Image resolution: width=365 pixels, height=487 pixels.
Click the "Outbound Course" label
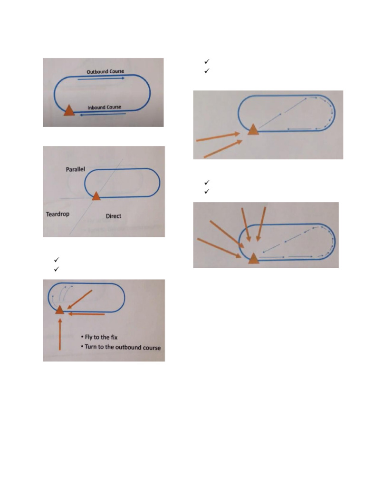click(x=105, y=71)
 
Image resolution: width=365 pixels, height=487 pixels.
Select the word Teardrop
click(x=58, y=214)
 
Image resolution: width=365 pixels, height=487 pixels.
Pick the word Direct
click(x=113, y=216)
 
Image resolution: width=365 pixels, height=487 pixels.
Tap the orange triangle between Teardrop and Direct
click(x=96, y=195)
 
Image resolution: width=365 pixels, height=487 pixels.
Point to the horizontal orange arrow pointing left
click(x=86, y=314)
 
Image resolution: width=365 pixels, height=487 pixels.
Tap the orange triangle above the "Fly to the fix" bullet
click(x=59, y=310)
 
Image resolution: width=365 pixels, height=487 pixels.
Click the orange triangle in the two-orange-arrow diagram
click(x=253, y=129)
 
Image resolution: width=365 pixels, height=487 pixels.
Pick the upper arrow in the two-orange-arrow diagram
click(x=218, y=137)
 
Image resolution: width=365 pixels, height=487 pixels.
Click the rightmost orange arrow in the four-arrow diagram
click(x=260, y=224)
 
